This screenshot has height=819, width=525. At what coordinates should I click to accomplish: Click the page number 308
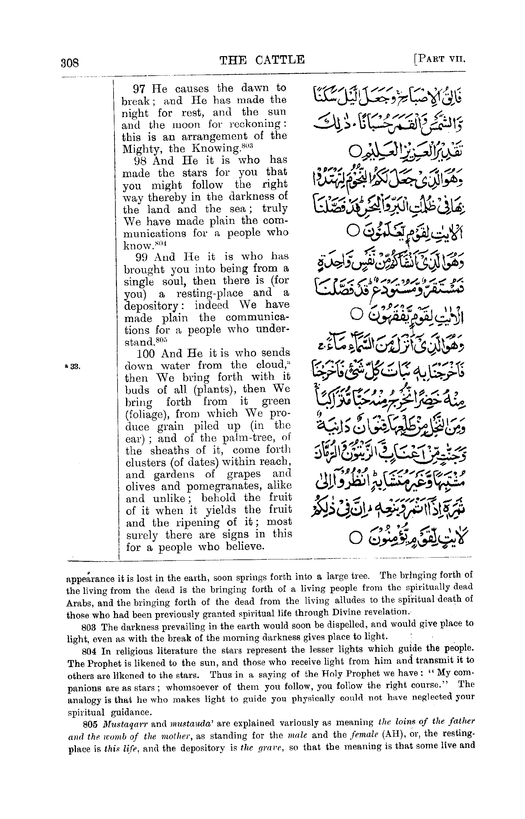coord(70,63)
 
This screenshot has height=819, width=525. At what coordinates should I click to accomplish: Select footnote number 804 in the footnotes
coord(90,651)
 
